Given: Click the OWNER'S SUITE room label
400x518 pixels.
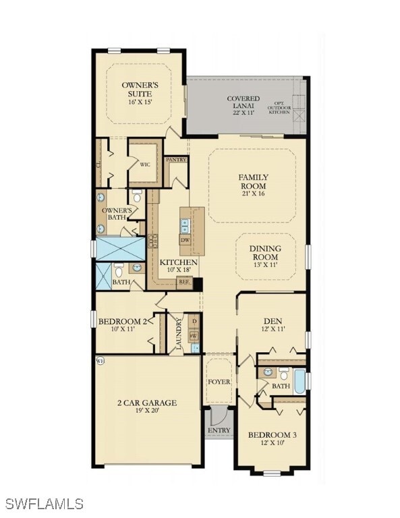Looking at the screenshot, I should [x=140, y=89].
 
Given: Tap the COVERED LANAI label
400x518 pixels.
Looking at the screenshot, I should [x=243, y=103].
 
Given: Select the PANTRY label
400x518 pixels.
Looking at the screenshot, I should [x=176, y=160].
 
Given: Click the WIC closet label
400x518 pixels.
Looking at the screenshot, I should [x=144, y=164].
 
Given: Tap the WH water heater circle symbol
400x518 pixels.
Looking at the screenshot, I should [x=101, y=361].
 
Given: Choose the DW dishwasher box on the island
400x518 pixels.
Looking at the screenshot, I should [x=185, y=240].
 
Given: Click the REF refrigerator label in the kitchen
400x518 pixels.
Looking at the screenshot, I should [x=183, y=283].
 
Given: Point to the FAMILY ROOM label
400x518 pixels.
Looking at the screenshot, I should [x=252, y=181].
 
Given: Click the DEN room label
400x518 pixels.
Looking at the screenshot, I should [x=273, y=321].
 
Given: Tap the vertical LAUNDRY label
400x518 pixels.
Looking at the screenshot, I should [x=179, y=332].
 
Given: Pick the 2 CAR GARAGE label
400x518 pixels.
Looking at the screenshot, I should [x=146, y=403].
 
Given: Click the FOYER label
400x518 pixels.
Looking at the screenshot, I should [x=219, y=382].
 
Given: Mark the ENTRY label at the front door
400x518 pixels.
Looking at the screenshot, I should [x=219, y=430].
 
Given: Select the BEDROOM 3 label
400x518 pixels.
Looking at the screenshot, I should [x=272, y=435].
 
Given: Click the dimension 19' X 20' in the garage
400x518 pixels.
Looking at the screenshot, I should [x=146, y=411].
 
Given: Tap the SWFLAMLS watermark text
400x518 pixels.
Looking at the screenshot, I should [x=44, y=504].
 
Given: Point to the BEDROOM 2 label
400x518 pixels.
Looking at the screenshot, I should [x=123, y=321].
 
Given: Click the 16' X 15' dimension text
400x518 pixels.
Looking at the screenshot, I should [x=140, y=103].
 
